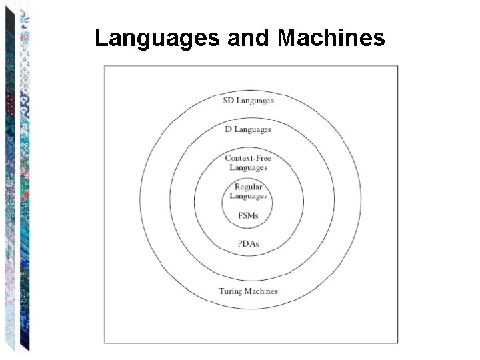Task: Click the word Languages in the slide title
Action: (157, 38)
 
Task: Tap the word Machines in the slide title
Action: (331, 38)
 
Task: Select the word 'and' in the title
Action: (249, 38)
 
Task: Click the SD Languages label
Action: (248, 101)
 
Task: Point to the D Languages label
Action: (248, 129)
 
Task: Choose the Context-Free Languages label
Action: (248, 163)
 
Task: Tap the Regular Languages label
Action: (248, 191)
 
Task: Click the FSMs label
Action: (248, 215)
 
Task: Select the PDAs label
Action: (248, 243)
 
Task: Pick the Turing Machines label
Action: (248, 291)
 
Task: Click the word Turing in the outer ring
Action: (230, 291)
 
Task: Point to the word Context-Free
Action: (248, 158)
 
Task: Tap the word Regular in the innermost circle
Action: (248, 187)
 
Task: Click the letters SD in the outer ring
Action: (228, 101)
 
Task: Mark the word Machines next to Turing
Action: (261, 291)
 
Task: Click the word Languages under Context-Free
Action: (248, 167)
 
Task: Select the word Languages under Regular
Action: (248, 196)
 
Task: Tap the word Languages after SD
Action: (255, 101)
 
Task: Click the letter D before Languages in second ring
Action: (228, 129)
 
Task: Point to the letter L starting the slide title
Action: (101, 38)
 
